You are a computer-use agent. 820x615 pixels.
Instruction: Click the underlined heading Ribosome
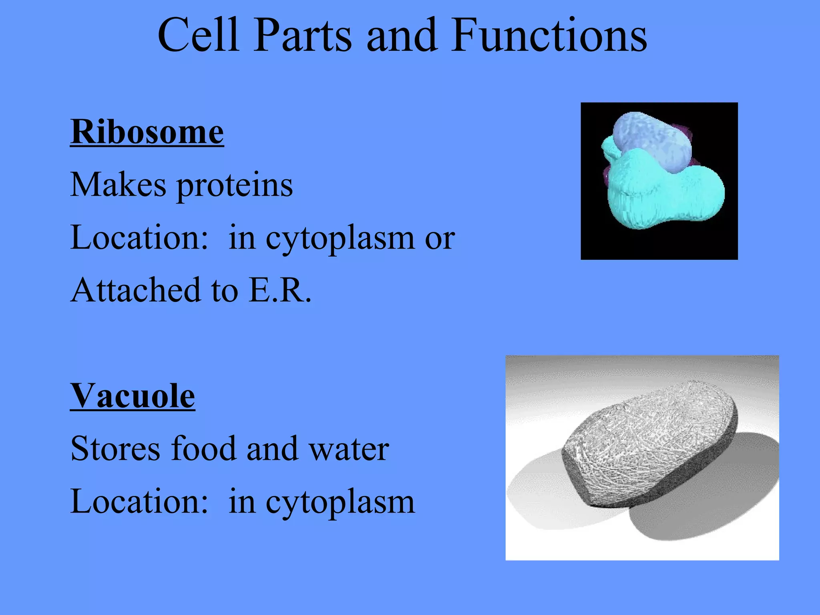coord(147,132)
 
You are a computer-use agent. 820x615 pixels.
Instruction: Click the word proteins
coord(235,186)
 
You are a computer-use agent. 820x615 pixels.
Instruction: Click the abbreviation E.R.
coord(279,290)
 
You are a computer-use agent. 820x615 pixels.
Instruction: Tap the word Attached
coord(135,290)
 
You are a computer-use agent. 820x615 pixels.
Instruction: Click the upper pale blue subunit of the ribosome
coord(653,140)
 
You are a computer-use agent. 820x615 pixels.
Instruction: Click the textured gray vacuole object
coord(649,440)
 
